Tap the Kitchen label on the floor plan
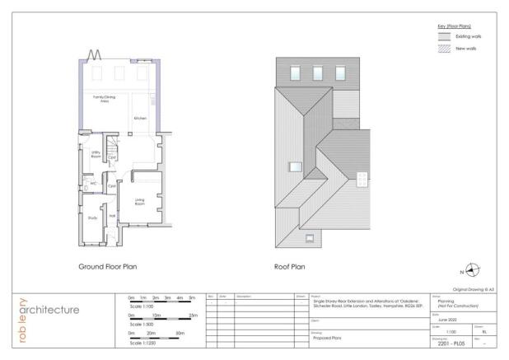coord(140,119)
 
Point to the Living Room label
coord(140,200)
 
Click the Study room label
coord(92,217)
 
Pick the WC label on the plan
coord(94,184)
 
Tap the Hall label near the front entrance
coord(112,216)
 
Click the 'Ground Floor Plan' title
coord(107,267)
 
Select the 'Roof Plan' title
coord(290,267)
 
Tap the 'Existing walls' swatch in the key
coord(444,37)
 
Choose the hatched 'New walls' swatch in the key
coord(444,49)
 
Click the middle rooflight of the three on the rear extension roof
coord(318,73)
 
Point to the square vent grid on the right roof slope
coord(362,177)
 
